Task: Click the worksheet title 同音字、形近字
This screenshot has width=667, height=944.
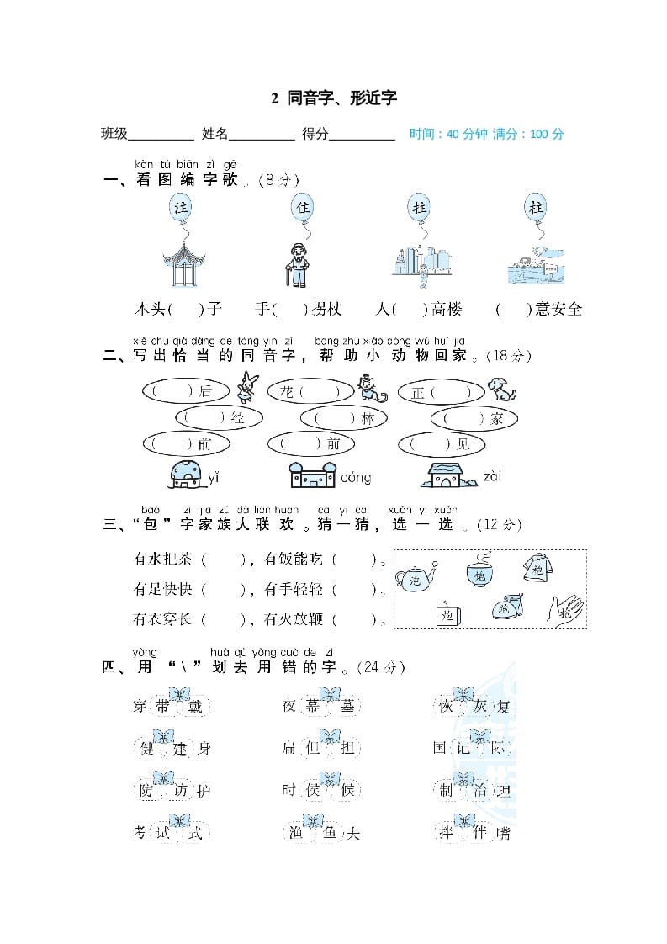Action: pos(334,98)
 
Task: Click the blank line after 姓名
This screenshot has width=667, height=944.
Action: pos(262,135)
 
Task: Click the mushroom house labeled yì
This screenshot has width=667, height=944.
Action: pos(185,475)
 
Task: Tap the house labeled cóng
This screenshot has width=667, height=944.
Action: pos(312,475)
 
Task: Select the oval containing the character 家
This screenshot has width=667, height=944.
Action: pos(474,418)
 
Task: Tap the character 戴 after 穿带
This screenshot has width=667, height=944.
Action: pos(194,707)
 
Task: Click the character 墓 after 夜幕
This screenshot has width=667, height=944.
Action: pos(347,707)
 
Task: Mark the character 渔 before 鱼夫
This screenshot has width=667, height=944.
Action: pos(295,833)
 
